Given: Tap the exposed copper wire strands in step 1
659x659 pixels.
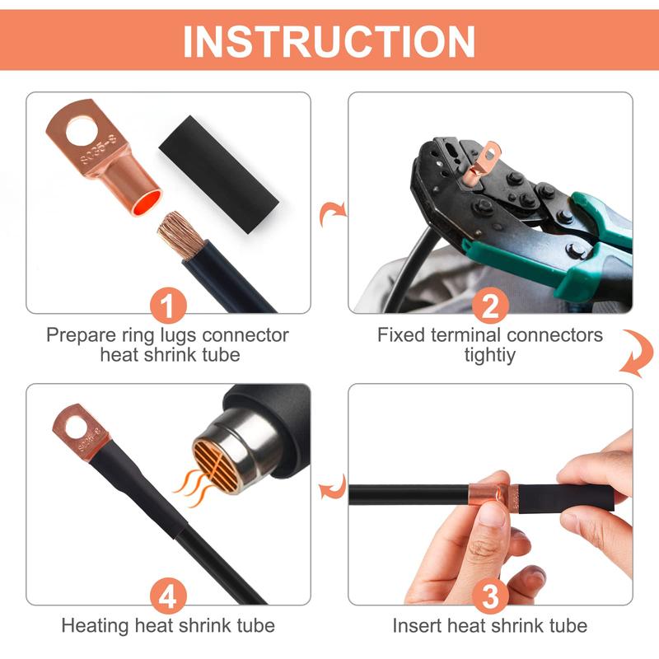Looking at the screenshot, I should tap(179, 231).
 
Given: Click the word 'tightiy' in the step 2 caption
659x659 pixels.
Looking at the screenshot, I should tap(490, 356).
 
